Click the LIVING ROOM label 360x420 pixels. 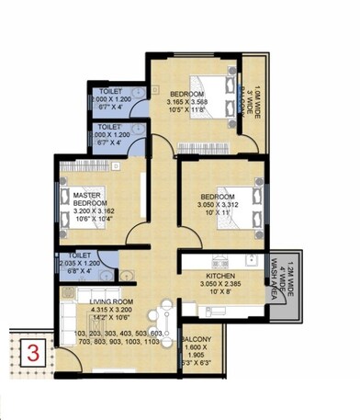click(x=112, y=301)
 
